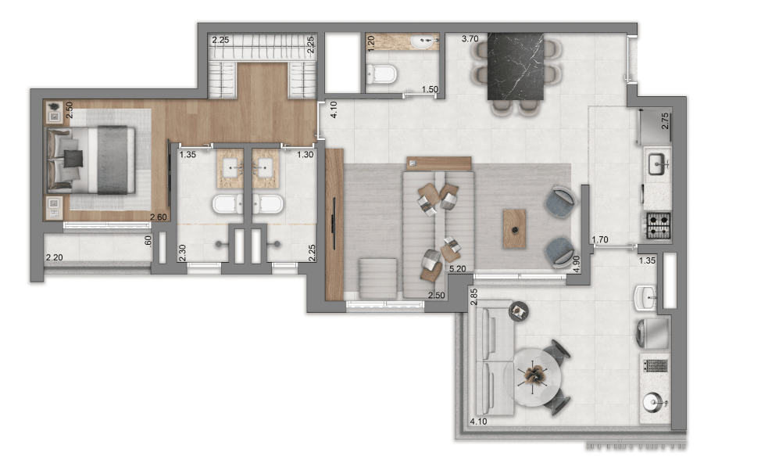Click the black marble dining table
tap(516, 66)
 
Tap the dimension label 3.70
tap(470, 39)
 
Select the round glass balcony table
tap(532, 377)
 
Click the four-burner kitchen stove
tap(658, 226)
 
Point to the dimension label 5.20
tap(457, 268)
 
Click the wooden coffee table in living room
tap(514, 228)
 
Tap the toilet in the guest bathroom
tap(381, 74)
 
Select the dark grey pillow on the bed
tap(73, 159)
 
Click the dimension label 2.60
tap(159, 217)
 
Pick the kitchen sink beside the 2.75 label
tap(659, 163)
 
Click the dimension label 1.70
tap(600, 239)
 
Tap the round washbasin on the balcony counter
tap(652, 402)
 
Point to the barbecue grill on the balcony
tap(656, 366)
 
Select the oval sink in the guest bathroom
tap(422, 42)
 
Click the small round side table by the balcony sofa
tap(519, 311)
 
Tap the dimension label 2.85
tap(473, 296)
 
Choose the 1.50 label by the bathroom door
tap(430, 89)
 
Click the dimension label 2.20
tap(55, 257)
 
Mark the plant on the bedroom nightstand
tap(55, 106)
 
